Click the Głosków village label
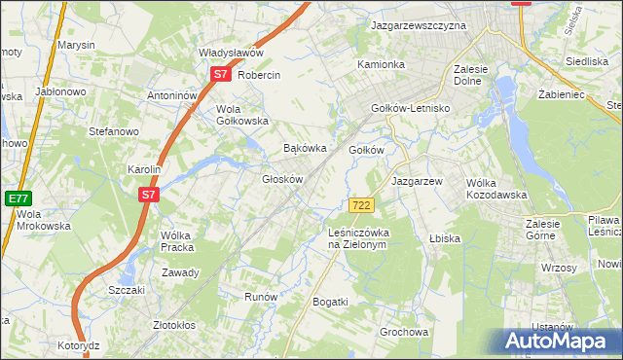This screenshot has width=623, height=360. (284, 180)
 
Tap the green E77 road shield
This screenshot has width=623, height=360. (17, 198)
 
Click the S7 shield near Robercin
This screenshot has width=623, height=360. (221, 74)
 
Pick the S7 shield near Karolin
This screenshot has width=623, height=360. (147, 195)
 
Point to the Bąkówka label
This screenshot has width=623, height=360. (302, 149)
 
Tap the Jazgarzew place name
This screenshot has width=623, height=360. (417, 182)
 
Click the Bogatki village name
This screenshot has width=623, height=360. (330, 303)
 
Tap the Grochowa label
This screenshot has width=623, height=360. (404, 332)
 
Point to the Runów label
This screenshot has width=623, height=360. (261, 297)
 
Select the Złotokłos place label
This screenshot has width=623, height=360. (175, 325)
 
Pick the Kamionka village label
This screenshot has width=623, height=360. (381, 65)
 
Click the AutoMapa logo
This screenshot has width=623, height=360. (557, 342)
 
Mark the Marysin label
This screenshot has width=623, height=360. (76, 46)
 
